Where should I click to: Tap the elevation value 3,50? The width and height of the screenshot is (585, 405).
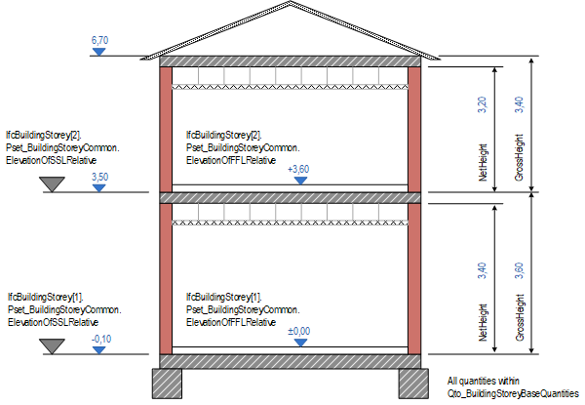click(98, 176)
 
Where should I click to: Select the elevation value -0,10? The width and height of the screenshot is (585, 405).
click(98, 338)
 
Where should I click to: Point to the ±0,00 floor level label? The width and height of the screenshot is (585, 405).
click(298, 332)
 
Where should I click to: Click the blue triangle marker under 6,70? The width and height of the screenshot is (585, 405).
click(97, 50)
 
